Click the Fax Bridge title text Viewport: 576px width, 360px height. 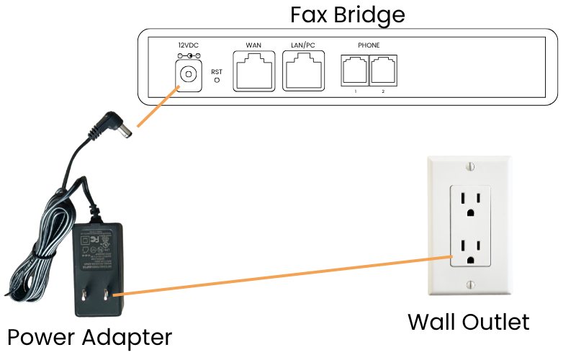pyautogui.click(x=347, y=14)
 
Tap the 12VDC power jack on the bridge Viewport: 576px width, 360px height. pyautogui.click(x=189, y=73)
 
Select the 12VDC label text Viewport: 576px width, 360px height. pyautogui.click(x=189, y=45)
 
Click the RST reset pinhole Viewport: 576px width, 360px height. pyautogui.click(x=217, y=81)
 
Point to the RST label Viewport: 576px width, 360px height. pyautogui.click(x=217, y=71)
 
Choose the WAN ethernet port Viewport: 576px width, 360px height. pyautogui.click(x=253, y=71)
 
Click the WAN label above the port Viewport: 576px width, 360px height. pyautogui.click(x=253, y=45)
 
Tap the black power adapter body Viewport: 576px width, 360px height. pyautogui.click(x=99, y=266)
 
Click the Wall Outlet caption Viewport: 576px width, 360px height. pyautogui.click(x=468, y=321)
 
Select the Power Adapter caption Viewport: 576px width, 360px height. pyautogui.click(x=89, y=337)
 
